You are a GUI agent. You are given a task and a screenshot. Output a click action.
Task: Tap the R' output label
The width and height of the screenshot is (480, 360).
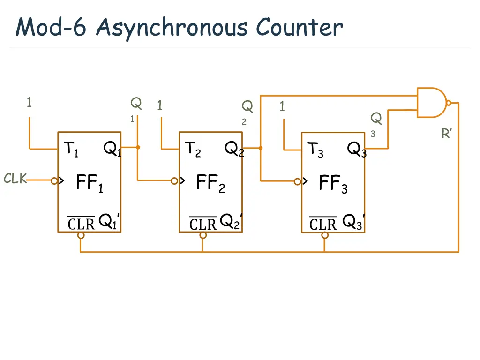447,134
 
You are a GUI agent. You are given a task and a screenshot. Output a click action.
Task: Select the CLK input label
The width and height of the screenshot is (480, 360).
15,179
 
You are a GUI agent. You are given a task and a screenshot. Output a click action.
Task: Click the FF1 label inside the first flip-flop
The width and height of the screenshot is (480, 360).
89,183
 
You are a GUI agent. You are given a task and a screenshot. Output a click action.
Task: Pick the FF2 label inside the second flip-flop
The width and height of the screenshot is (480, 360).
210,183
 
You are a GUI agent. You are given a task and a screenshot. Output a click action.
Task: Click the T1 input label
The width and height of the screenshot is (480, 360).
72,150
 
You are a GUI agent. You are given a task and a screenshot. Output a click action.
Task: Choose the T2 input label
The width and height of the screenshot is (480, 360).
193,150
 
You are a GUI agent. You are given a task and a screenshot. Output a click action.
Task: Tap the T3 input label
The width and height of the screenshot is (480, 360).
315,150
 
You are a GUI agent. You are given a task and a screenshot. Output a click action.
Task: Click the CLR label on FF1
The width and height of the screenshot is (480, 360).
81,224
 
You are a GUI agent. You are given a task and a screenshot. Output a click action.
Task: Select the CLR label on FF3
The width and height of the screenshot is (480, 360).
323,224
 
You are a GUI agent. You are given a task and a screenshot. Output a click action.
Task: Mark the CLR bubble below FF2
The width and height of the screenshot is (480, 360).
203,235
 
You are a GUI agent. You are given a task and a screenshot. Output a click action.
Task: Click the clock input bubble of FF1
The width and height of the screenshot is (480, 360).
55,180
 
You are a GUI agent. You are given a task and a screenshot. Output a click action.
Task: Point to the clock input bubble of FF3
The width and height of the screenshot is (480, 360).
298,181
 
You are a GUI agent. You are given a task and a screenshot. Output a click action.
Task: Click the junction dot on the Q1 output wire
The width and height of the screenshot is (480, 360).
138,147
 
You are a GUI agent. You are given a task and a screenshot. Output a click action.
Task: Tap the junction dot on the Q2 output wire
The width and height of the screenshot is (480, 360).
261,148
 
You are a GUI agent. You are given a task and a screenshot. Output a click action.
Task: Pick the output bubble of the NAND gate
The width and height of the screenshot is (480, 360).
449,103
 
